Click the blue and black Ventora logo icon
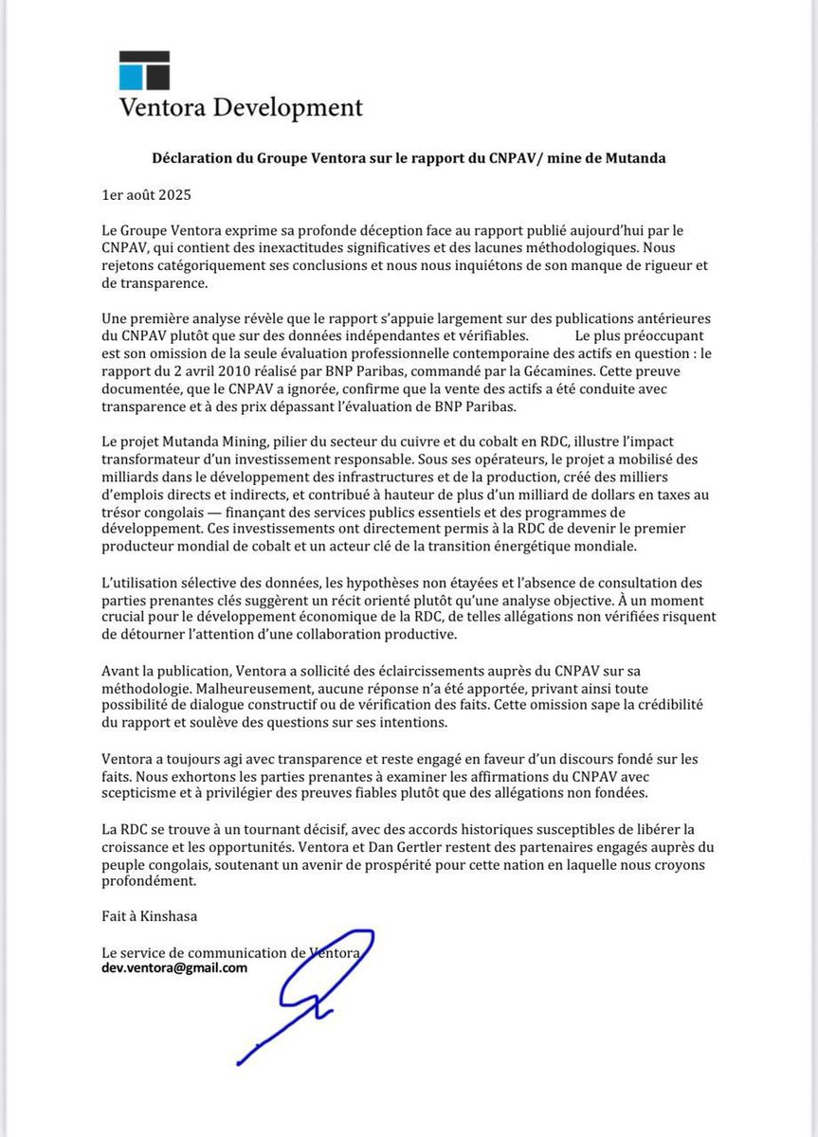coord(144,70)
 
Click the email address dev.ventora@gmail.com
coord(176,967)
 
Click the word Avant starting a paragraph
coord(120,671)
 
